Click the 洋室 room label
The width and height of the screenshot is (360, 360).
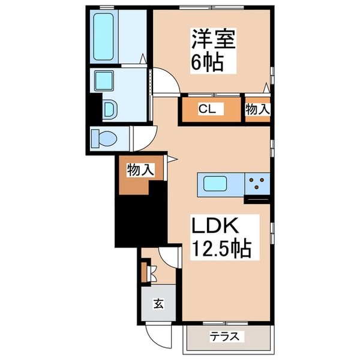point(212,40)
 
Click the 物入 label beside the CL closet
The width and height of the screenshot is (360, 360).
point(258,109)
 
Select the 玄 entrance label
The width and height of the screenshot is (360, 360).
point(158,303)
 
